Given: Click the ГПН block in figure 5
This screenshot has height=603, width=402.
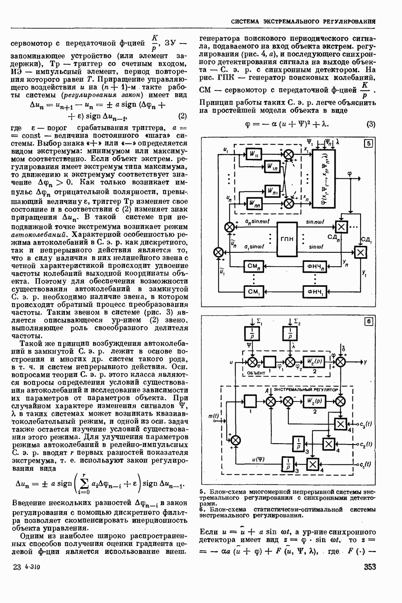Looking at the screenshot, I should tap(287, 239).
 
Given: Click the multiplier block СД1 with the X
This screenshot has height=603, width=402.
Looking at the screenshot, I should tap(359, 252).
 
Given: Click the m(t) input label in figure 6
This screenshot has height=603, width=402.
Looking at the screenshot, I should tap(214, 416).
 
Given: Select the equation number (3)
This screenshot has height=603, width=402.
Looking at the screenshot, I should tap(371, 124).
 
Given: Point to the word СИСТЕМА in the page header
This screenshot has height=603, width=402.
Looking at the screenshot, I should tap(247, 21).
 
